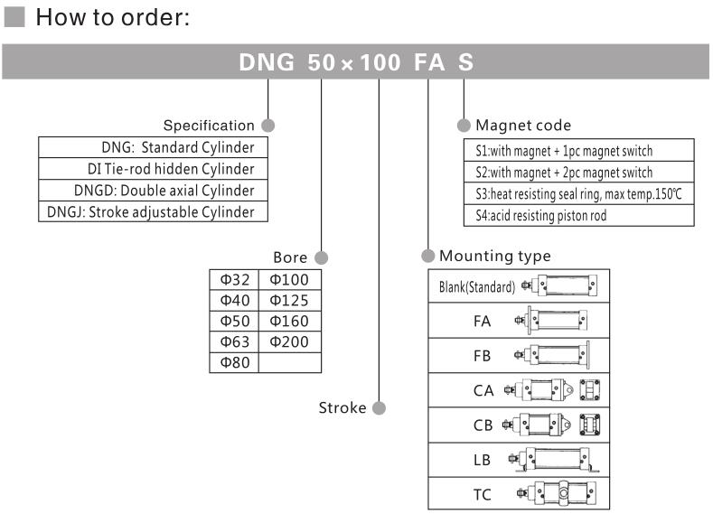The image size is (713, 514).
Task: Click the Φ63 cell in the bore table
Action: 234,342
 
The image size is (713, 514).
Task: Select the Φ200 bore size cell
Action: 289,342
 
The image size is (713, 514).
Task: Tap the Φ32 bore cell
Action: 234,280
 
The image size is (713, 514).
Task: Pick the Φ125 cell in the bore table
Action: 289,301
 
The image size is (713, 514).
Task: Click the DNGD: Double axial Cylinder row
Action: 154,191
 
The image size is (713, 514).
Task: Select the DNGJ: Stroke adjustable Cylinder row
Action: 154,212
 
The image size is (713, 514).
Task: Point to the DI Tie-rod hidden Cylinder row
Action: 154,169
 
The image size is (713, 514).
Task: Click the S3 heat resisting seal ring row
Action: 577,194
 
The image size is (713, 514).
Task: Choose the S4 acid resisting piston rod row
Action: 577,215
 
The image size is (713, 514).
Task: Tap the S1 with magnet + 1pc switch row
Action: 577,151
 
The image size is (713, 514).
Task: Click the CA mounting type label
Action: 483,390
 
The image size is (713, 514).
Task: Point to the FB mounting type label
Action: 483,355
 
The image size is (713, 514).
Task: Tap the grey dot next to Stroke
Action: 379,407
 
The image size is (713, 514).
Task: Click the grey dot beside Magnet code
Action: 464,125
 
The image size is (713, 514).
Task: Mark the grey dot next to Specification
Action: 267,125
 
